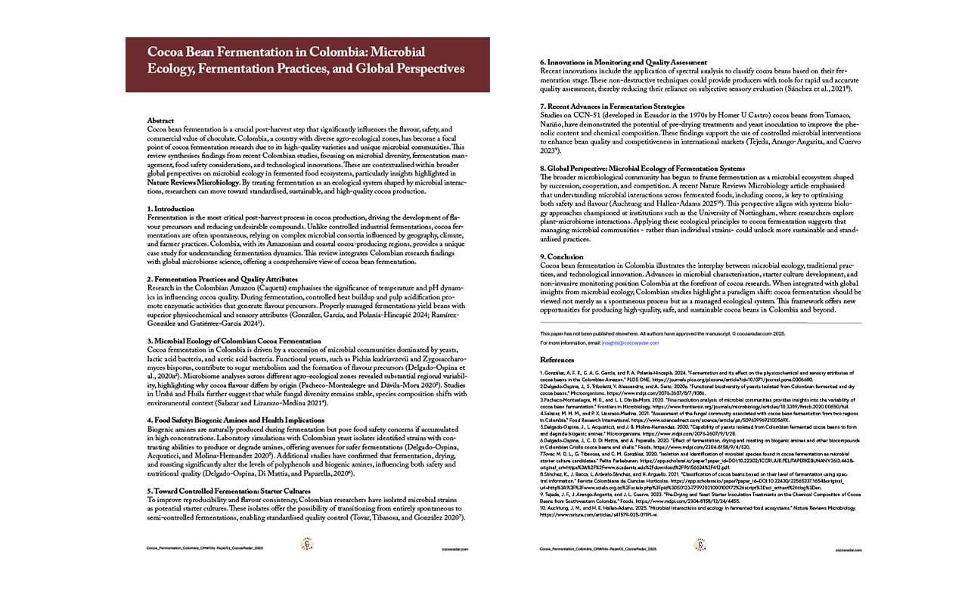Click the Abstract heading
160,121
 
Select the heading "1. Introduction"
170,209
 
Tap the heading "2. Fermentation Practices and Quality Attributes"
222,279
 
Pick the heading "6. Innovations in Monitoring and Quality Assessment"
623,62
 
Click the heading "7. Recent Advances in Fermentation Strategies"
612,106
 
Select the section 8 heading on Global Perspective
642,168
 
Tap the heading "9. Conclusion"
562,256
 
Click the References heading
557,360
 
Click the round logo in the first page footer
308,544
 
